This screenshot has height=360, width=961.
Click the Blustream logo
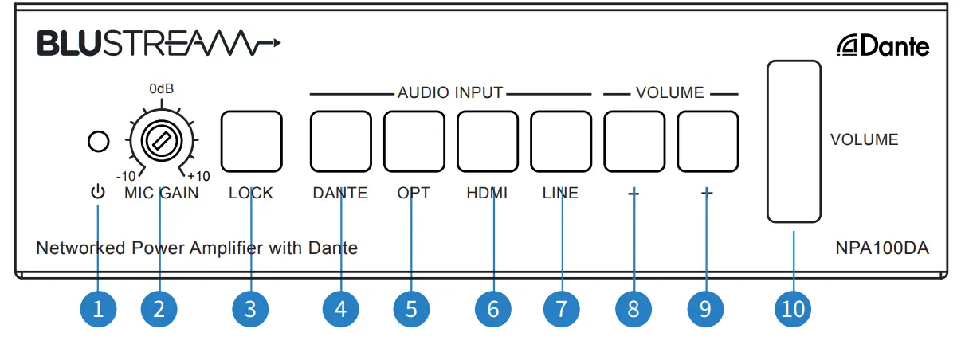(x=158, y=44)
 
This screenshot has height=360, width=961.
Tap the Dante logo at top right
(x=883, y=47)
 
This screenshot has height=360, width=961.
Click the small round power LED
(x=98, y=143)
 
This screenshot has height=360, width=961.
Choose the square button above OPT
(x=414, y=142)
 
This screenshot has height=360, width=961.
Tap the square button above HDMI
(x=487, y=142)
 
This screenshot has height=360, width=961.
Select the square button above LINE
(x=561, y=142)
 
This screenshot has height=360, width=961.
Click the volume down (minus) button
(x=634, y=142)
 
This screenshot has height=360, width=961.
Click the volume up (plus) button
(x=708, y=142)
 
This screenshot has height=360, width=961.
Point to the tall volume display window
(x=794, y=141)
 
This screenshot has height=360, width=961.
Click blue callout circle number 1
(x=98, y=309)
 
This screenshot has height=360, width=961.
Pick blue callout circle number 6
(x=493, y=309)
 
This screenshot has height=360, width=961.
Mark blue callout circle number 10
(x=793, y=309)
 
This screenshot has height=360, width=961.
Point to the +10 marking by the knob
(x=198, y=177)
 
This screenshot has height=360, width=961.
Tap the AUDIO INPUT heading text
(x=450, y=93)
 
